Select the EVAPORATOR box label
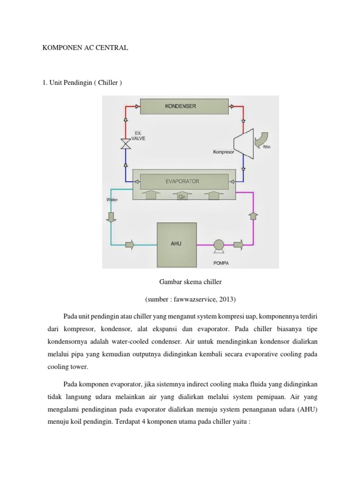coord(182,180)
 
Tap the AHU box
coord(176,244)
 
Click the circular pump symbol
coord(218,244)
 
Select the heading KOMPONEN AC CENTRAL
coord(85,48)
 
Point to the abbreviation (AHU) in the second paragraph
coord(307,409)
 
